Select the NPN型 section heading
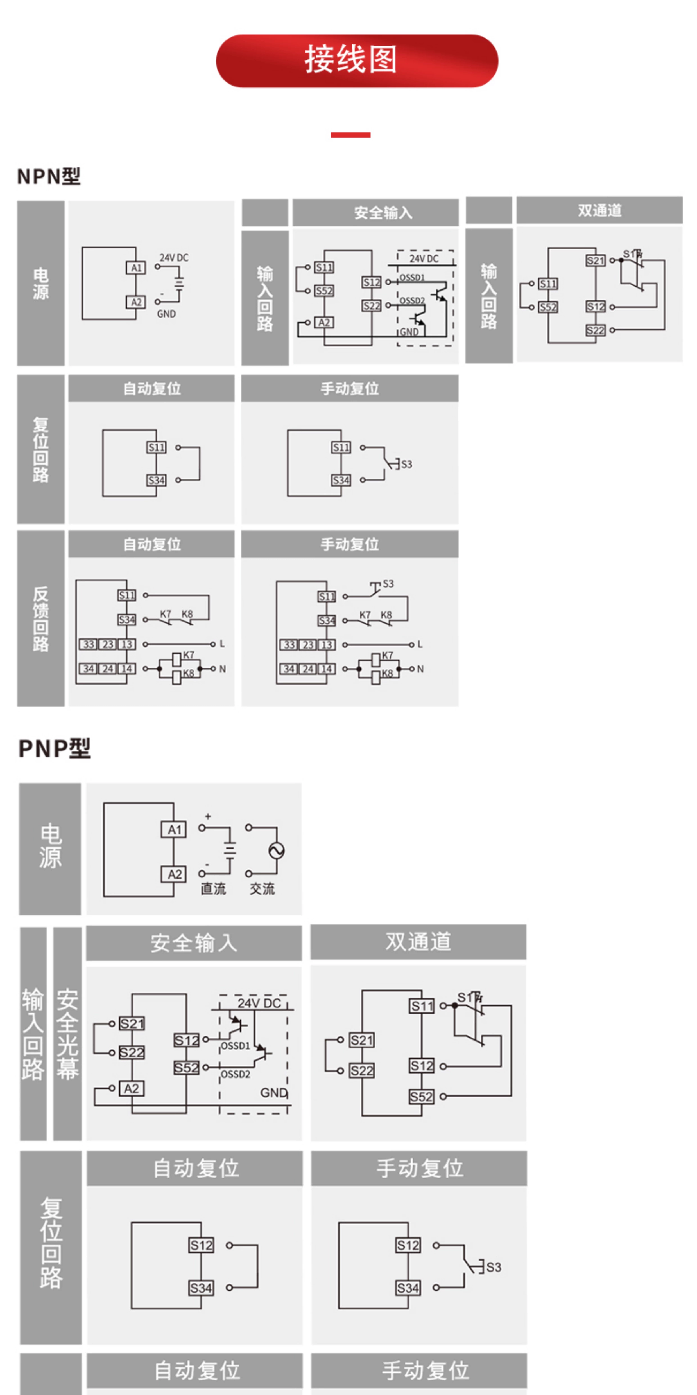(49, 177)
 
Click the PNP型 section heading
(55, 748)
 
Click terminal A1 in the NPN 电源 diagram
(136, 267)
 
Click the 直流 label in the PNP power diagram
(213, 889)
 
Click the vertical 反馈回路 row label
(40, 618)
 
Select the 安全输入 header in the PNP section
(194, 943)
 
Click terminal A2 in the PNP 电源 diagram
(174, 874)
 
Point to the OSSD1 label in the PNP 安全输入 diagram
(235, 1046)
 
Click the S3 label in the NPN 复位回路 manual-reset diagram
(406, 464)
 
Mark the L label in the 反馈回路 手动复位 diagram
(420, 644)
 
